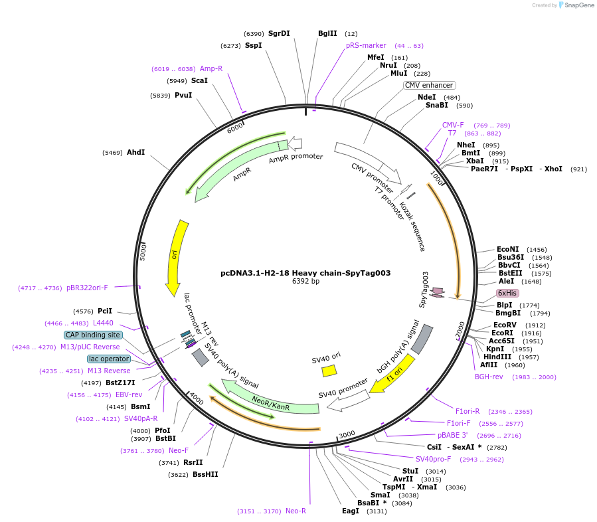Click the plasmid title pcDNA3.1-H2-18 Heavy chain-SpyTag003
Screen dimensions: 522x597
305,273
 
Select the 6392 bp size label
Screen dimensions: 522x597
305,282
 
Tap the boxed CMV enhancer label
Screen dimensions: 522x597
430,85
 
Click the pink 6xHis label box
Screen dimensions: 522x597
507,293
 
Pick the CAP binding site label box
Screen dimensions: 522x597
93,335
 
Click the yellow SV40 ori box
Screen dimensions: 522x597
329,371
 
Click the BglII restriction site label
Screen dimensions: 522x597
327,33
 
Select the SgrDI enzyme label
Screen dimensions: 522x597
279,33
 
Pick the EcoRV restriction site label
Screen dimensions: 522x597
505,325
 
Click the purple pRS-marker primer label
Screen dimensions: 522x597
366,45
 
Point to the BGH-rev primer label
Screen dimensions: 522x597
488,377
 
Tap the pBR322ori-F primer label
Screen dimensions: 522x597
87,288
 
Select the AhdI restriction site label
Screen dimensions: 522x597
135,152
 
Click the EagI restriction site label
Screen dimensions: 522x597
350,511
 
